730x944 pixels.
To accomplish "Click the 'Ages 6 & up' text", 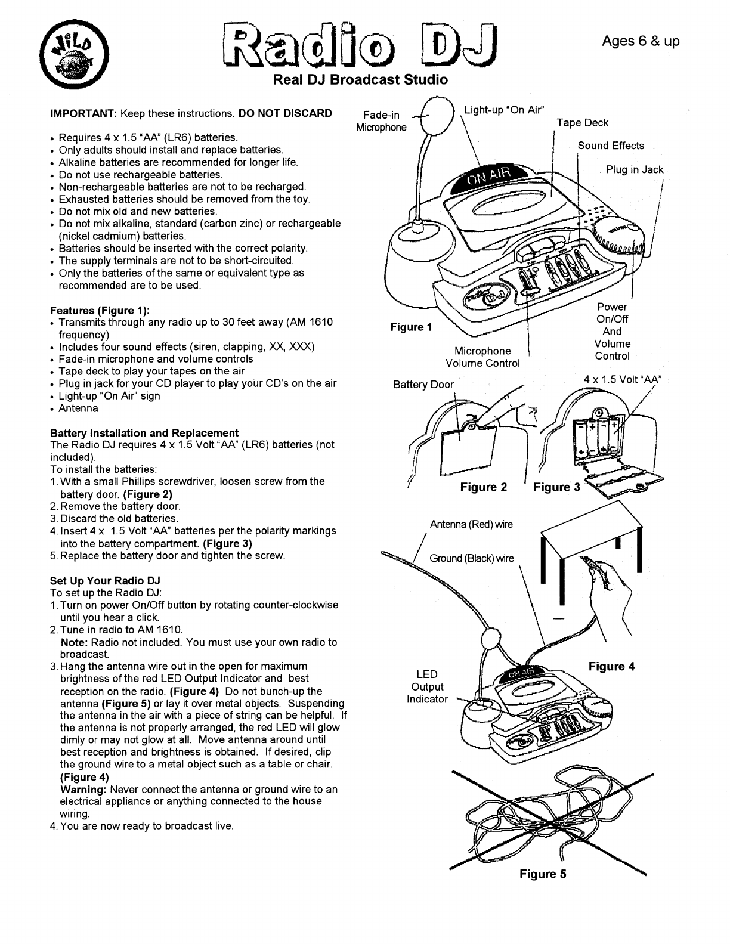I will click(641, 41).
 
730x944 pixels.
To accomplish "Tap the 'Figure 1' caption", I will click(411, 327).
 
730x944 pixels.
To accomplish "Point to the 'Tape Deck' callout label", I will click(582, 123).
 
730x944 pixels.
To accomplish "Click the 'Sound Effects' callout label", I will click(611, 146).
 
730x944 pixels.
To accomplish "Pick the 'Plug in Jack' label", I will click(635, 169).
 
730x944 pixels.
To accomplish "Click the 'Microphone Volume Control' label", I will click(482, 357).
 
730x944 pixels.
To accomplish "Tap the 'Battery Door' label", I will click(423, 385).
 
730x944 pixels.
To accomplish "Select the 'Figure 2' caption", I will click(484, 487).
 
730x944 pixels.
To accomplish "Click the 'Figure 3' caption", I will click(556, 487).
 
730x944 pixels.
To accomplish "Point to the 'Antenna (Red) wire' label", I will click(471, 524).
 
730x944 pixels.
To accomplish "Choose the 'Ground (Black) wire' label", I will click(471, 558).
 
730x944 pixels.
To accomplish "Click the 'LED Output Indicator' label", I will click(427, 686).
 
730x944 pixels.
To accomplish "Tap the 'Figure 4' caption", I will click(611, 666).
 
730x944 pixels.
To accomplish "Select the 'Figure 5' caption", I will click(543, 874).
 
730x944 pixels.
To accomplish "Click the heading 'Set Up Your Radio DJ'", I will click(105, 580).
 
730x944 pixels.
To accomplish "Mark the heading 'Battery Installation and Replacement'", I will click(144, 433).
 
